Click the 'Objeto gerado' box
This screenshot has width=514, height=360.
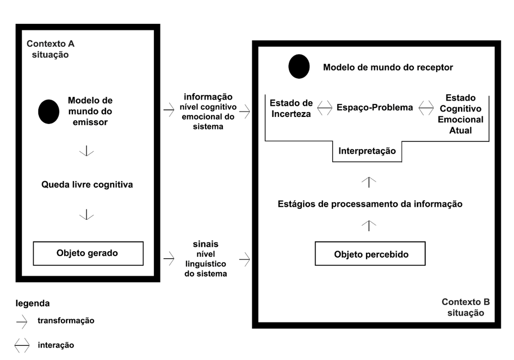pos(88,253)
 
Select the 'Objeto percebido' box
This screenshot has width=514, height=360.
pos(370,253)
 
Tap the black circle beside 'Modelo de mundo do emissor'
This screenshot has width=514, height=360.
pos(49,111)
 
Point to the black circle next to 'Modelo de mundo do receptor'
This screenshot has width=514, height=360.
pos(299,66)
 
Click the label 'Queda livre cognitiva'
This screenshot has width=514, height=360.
pos(87,184)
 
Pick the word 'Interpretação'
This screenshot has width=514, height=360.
pos(367,151)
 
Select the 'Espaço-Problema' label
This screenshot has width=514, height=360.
pos(375,108)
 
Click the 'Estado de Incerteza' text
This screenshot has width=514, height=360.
pos(291,109)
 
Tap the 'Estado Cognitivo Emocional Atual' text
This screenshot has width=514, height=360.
pos(461,114)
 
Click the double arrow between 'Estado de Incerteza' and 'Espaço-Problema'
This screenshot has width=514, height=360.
pos(325,108)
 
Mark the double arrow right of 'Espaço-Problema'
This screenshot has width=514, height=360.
pos(426,108)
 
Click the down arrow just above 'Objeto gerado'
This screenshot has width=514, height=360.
pos(86,214)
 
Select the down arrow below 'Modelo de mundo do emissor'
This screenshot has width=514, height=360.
pos(86,151)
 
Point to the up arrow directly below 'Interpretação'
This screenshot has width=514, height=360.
pos(369,182)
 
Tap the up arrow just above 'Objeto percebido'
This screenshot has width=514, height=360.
pos(369,226)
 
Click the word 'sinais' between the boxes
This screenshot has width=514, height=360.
pos(206,244)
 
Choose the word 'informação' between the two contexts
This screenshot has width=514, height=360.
pos(208,97)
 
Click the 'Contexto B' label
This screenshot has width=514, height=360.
pos(466,302)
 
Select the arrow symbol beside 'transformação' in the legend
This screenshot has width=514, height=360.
pos(22,322)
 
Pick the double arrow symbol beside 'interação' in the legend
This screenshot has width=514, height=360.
pos(22,345)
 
